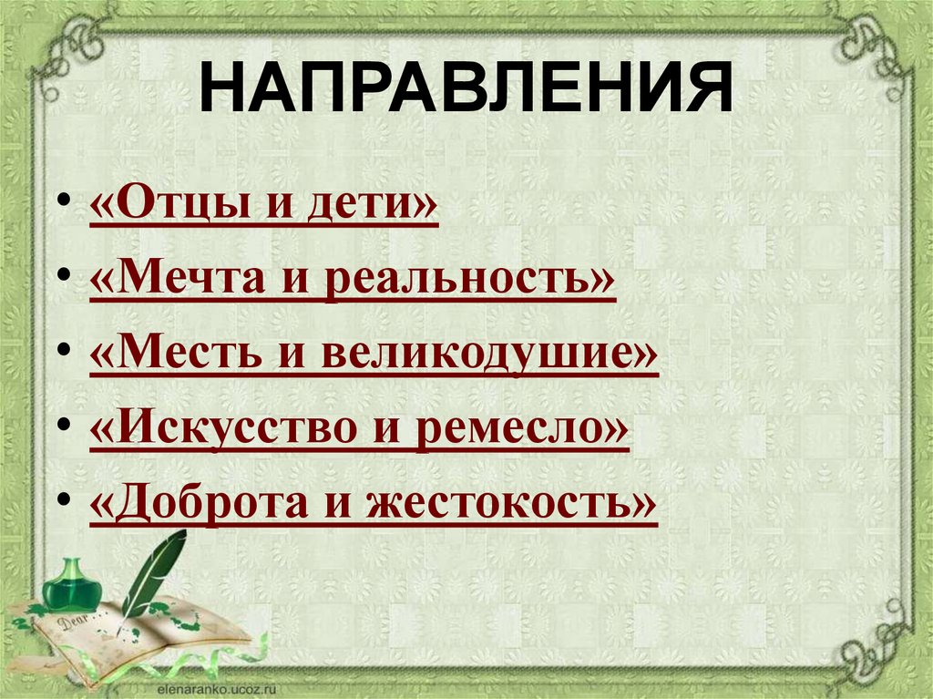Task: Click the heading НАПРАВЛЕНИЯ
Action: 466,88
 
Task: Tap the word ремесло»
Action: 523,428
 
